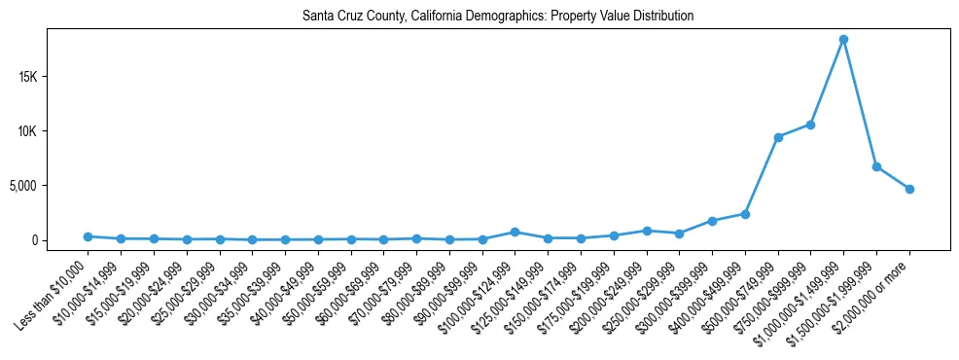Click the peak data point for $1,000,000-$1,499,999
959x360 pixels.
[x=843, y=40]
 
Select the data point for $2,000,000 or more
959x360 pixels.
[x=909, y=189]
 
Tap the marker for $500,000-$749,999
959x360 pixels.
[x=778, y=137]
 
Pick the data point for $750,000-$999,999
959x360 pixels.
[x=810, y=125]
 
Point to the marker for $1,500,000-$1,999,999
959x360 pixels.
[x=876, y=167]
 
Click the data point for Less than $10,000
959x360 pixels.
[x=88, y=236]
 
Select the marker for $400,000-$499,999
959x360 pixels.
[x=745, y=214]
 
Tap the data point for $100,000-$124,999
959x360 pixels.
[x=515, y=232]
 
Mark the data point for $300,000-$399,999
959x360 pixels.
[x=712, y=221]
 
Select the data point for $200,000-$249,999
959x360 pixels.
[x=646, y=231]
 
